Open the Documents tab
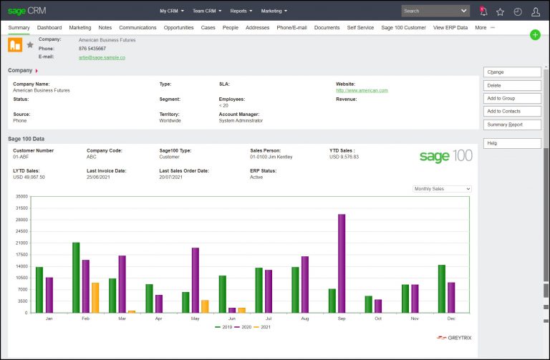(x=327, y=27)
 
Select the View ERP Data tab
(x=450, y=27)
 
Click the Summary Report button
(x=512, y=125)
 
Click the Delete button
(x=512, y=85)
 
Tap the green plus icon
(x=535, y=35)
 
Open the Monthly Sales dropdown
(x=443, y=189)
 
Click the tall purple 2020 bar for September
(x=342, y=263)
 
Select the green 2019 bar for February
(x=76, y=277)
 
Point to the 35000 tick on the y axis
(x=21, y=197)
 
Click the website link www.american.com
(x=362, y=90)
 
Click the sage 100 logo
(x=445, y=156)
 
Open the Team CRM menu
(x=207, y=11)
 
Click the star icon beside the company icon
(x=30, y=44)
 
